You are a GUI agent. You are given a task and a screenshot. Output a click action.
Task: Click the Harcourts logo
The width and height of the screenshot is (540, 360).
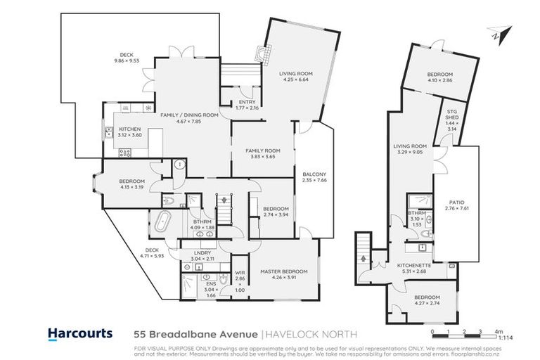(x=79, y=333)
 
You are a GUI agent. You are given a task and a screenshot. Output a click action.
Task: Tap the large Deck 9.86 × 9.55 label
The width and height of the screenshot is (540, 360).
(x=127, y=57)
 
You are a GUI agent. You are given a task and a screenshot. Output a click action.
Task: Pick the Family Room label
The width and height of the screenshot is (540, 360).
(x=263, y=153)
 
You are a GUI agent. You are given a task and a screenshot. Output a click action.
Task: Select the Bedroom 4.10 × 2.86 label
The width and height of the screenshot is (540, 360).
(x=439, y=77)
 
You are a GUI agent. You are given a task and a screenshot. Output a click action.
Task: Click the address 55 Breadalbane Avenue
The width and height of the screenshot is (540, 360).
(x=195, y=333)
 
